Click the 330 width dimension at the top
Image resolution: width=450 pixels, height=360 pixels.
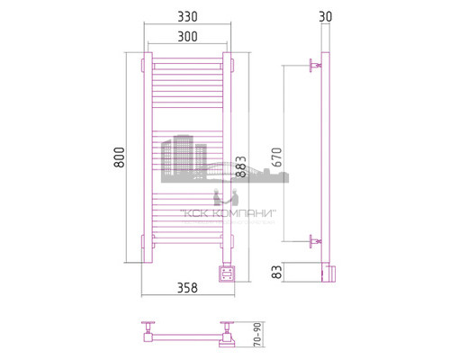187,18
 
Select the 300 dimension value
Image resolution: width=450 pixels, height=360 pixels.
187,37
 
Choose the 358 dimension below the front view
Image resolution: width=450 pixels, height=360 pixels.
187,288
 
